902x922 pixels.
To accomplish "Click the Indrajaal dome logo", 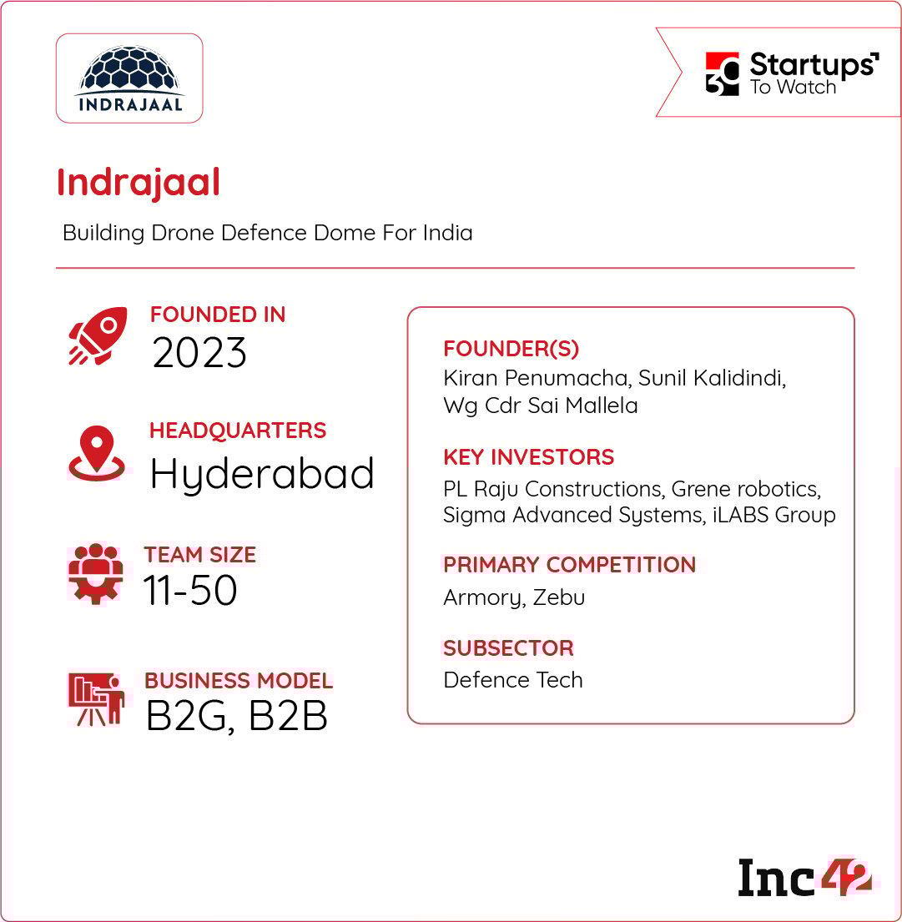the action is pyautogui.click(x=130, y=78).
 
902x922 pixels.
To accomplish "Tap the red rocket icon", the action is pyautogui.click(x=98, y=335).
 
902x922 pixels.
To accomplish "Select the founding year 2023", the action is pyautogui.click(x=199, y=353).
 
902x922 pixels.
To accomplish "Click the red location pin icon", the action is pyautogui.click(x=97, y=453).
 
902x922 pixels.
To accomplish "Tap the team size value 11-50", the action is pyautogui.click(x=190, y=591).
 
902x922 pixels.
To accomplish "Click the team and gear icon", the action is pyautogui.click(x=96, y=574).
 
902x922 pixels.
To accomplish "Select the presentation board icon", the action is pyautogui.click(x=97, y=699).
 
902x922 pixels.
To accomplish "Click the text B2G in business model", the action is pyautogui.click(x=187, y=717).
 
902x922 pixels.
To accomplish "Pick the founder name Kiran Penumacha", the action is pyautogui.click(x=536, y=378).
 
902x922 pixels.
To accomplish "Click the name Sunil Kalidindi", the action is pyautogui.click(x=712, y=378).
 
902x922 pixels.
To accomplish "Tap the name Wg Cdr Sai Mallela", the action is pyautogui.click(x=541, y=406).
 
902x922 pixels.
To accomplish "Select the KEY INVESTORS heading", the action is pyautogui.click(x=529, y=457).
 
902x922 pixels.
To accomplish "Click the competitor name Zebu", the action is pyautogui.click(x=558, y=597).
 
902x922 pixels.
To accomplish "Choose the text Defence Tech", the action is pyautogui.click(x=512, y=680).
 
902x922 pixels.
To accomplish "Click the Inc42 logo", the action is pyautogui.click(x=804, y=878).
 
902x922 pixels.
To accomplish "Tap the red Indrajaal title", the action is pyautogui.click(x=139, y=182).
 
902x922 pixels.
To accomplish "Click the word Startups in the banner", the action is pyautogui.click(x=812, y=64).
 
